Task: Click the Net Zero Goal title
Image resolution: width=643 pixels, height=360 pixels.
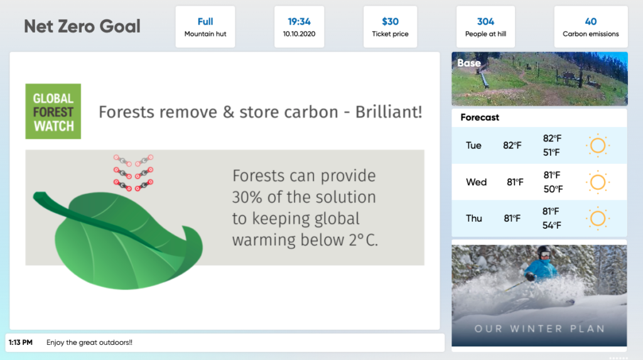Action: [82, 26]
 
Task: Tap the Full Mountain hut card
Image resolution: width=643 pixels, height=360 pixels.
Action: [205, 26]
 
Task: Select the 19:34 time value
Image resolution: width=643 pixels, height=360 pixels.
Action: [299, 21]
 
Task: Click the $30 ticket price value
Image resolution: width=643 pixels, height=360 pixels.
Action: [390, 21]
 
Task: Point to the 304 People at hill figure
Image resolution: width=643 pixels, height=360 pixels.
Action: [485, 21]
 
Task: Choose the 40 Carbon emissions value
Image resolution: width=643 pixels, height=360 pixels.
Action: [590, 21]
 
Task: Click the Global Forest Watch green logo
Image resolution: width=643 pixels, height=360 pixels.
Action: [53, 111]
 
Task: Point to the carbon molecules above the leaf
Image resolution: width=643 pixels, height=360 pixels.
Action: [133, 173]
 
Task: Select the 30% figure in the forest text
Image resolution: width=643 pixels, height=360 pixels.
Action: [247, 197]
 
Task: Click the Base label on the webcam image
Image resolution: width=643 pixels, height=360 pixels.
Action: [468, 63]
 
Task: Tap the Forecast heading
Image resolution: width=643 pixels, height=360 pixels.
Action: [480, 117]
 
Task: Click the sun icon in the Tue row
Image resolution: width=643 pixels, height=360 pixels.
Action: [598, 145]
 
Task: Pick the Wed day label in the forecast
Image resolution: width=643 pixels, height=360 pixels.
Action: [476, 182]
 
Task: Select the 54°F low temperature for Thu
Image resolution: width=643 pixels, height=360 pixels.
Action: [552, 226]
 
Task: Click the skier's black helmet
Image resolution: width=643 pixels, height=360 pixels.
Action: [544, 251]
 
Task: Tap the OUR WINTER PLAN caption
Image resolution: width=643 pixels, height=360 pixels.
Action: [539, 329]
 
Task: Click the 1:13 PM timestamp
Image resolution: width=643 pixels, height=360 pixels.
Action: [21, 342]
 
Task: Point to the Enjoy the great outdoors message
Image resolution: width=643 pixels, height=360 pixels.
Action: [89, 342]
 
